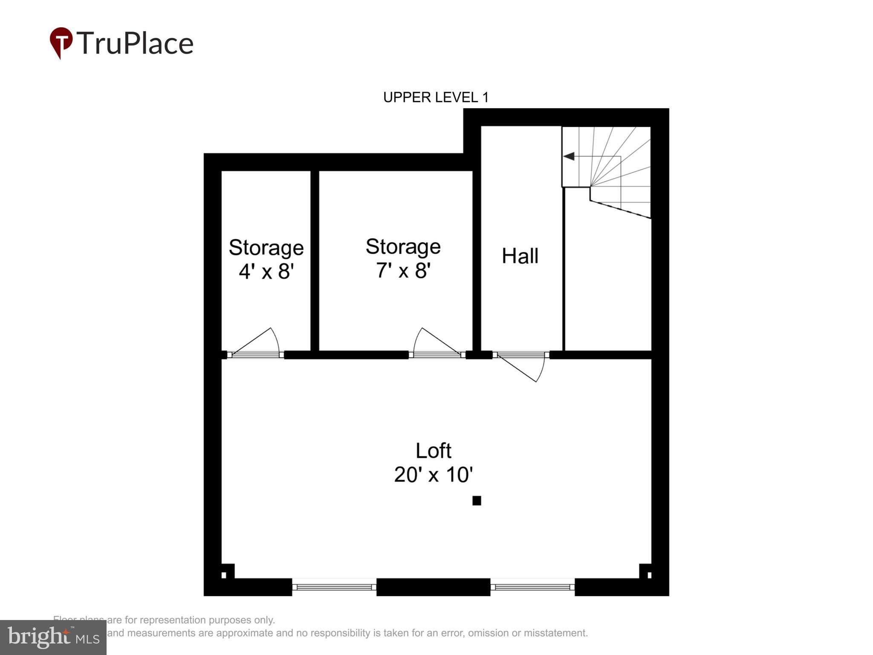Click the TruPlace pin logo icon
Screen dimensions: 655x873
[61, 42]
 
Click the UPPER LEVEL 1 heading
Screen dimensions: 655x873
[436, 98]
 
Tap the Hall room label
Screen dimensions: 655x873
[520, 256]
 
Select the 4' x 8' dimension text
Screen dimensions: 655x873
[266, 271]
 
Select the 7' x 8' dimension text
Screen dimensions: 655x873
[403, 270]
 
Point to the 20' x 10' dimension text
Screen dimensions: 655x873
[433, 475]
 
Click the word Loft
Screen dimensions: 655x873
[433, 451]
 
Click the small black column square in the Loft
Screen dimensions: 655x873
[477, 501]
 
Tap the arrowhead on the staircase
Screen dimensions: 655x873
[569, 157]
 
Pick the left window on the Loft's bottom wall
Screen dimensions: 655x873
[334, 587]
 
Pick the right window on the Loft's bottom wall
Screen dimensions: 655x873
[532, 587]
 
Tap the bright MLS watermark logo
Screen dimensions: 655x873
[53, 637]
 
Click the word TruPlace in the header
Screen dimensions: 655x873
[135, 43]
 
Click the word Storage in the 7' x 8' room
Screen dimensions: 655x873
[403, 247]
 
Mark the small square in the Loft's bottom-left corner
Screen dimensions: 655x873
[224, 575]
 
